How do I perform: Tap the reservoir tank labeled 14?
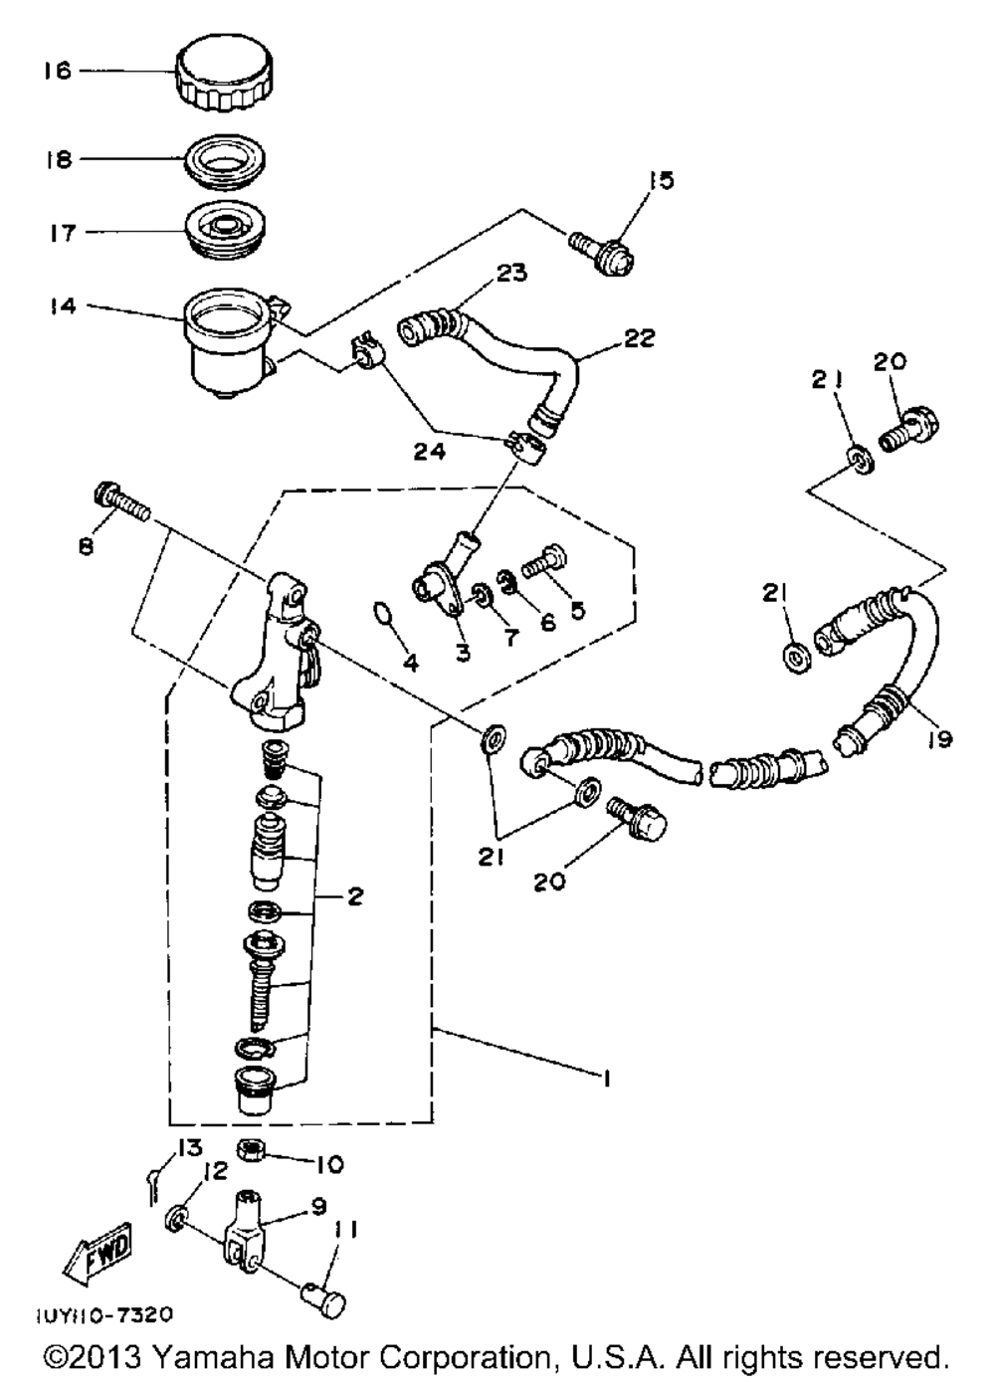tap(227, 339)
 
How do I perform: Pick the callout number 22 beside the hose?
tap(639, 338)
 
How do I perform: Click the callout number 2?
tap(354, 896)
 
